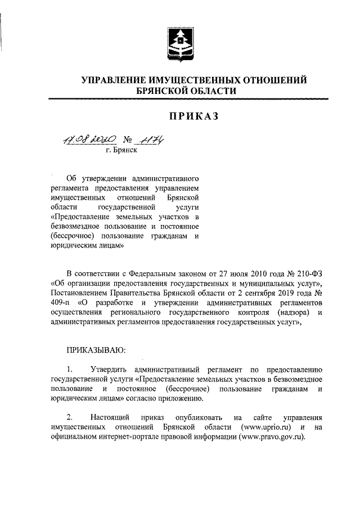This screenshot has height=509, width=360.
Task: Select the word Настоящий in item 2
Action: click(111, 418)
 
